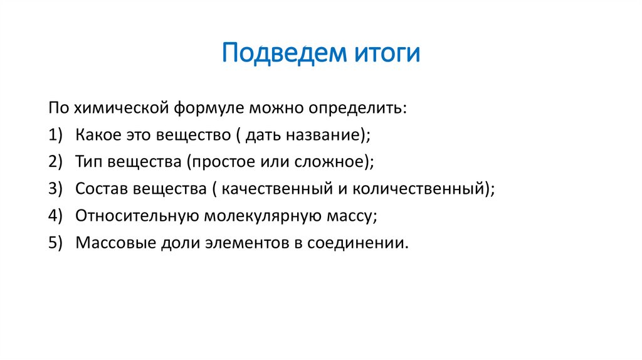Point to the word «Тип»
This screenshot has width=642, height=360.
[89, 162]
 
